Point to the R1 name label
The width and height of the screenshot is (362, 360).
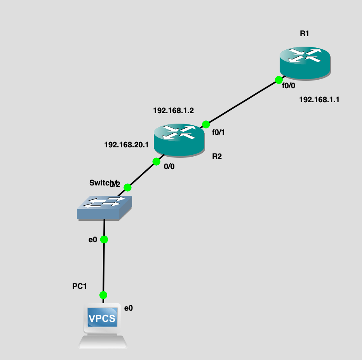[304, 33]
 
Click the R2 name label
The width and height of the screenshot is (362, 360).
[217, 157]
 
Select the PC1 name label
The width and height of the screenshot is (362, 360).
[79, 287]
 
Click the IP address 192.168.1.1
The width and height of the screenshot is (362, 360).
[319, 100]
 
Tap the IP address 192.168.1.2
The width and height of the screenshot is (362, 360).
[173, 110]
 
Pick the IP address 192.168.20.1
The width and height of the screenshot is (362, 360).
[127, 145]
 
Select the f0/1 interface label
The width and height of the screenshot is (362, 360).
[218, 132]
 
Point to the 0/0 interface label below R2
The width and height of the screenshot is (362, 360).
[169, 167]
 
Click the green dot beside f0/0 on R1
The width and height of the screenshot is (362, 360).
[278, 80]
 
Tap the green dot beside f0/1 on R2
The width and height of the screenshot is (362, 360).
[206, 124]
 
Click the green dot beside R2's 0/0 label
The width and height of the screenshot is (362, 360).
[157, 161]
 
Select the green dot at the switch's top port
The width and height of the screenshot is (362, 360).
[127, 188]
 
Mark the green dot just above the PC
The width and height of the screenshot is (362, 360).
[103, 295]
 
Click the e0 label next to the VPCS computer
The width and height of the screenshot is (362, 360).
[129, 308]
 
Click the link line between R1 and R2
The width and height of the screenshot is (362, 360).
[242, 102]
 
